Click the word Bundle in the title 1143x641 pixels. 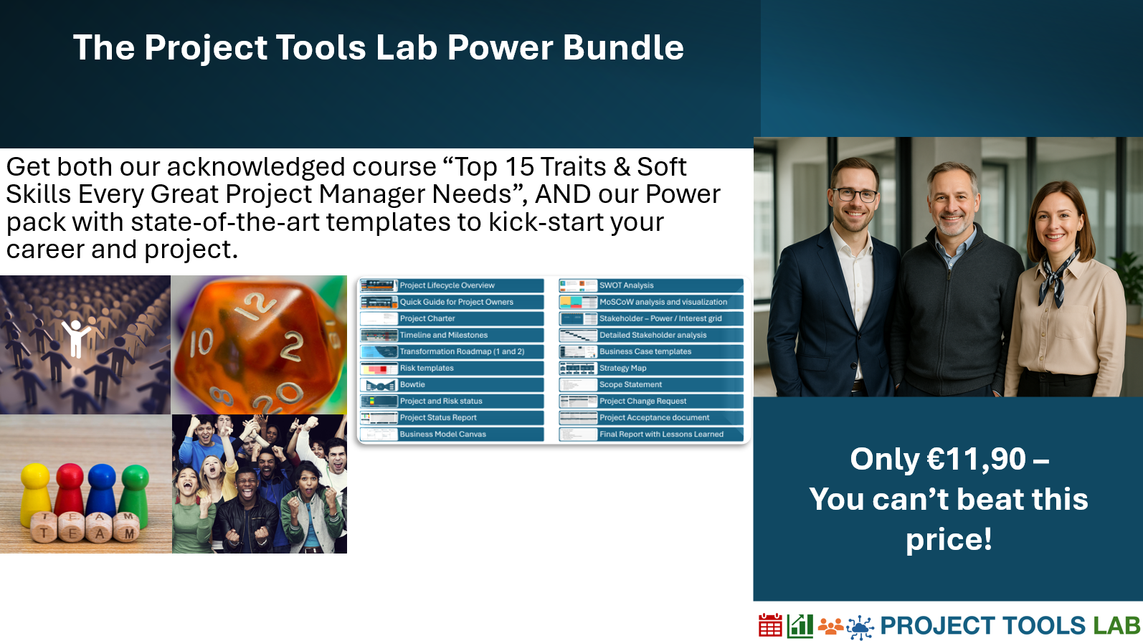pos(623,47)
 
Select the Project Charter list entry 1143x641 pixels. pos(452,318)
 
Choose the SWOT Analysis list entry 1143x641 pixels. pos(651,285)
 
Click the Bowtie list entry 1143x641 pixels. pos(452,385)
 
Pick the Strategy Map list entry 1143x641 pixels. pos(651,368)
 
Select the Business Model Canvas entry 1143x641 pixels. pos(452,435)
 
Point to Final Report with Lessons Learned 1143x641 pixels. pos(651,435)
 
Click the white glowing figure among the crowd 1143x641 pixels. pos(76,337)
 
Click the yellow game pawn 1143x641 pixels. pos(35,493)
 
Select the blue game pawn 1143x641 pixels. pos(102,490)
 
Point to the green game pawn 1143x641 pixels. pos(135,493)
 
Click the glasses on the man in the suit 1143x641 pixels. pos(855,194)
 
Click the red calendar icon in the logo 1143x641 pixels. pos(770,625)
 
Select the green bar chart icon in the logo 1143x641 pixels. pos(800,626)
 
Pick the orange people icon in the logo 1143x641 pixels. pos(830,626)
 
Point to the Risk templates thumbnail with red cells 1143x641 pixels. pos(379,369)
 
